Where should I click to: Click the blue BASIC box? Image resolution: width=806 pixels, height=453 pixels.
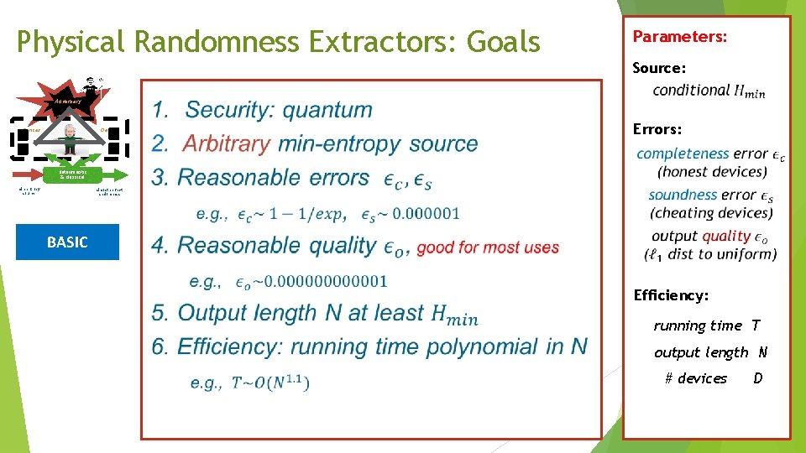click(x=67, y=242)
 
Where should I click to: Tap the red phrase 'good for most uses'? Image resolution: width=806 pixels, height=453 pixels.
click(x=488, y=247)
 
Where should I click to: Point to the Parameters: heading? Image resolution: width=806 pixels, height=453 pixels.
click(x=679, y=37)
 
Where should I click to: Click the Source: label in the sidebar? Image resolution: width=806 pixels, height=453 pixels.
click(x=659, y=67)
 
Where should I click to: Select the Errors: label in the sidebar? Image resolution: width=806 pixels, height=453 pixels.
click(x=657, y=130)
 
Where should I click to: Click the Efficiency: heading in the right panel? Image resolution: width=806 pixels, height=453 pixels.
click(x=671, y=295)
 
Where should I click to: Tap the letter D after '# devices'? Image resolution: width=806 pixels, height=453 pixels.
click(x=758, y=378)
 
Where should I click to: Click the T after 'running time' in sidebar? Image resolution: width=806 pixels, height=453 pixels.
click(x=756, y=325)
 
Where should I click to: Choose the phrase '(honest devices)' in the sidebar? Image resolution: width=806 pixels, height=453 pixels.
click(x=712, y=171)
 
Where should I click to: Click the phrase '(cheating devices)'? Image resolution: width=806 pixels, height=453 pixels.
click(x=711, y=212)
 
